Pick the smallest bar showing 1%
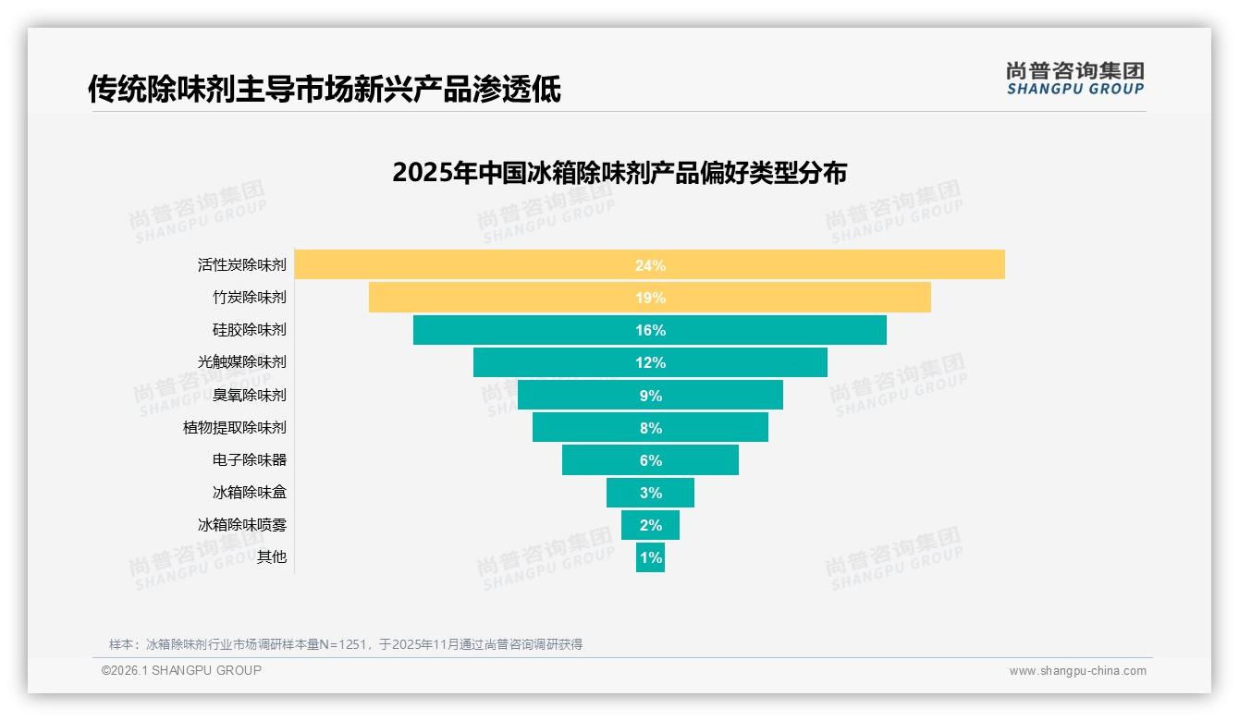click(x=650, y=557)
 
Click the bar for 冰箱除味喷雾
click(x=650, y=525)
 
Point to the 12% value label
click(x=650, y=362)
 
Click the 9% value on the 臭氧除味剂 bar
click(x=650, y=396)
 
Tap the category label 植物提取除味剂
click(x=235, y=427)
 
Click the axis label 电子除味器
click(x=250, y=459)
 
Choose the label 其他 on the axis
click(x=272, y=556)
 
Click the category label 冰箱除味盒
click(x=250, y=492)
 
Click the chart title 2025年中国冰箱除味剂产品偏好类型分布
click(x=619, y=173)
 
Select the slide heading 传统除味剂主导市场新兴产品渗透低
click(x=324, y=90)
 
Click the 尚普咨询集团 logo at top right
click(x=1074, y=79)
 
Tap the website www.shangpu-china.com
click(x=1077, y=671)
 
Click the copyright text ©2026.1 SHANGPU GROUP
click(x=181, y=670)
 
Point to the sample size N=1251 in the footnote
click(x=342, y=644)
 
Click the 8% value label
click(x=650, y=428)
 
